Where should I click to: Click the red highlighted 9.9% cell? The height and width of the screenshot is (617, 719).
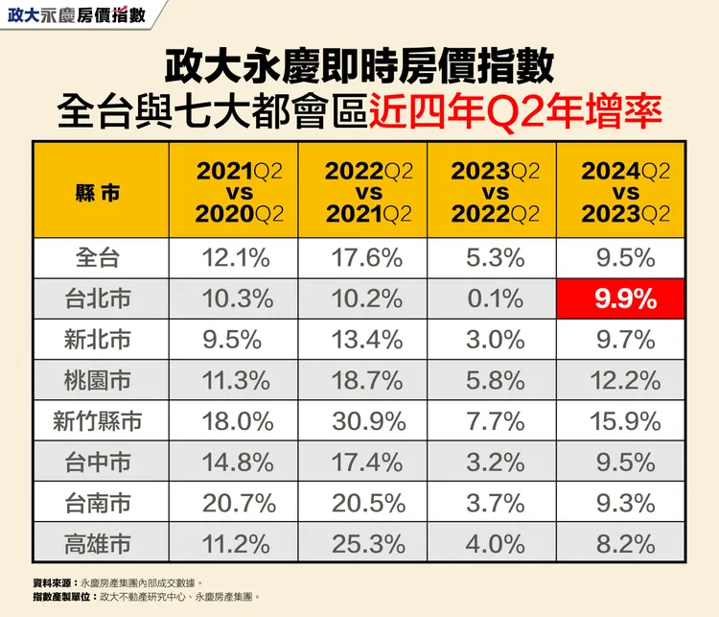tap(624, 298)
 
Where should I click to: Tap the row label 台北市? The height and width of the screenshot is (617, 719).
tap(99, 298)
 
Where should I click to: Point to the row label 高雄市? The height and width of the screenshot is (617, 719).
tap(99, 543)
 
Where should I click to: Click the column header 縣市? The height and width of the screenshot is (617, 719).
tap(99, 192)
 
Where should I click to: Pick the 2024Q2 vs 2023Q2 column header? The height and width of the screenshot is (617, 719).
tap(624, 192)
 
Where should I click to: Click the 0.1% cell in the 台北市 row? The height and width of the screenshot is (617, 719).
tap(495, 298)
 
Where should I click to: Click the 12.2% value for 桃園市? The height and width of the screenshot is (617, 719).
tap(624, 380)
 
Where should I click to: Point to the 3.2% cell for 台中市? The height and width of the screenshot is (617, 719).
tap(495, 462)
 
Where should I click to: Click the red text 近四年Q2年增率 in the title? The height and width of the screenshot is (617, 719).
tap(515, 110)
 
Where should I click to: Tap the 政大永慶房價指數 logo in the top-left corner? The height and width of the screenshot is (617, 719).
tap(76, 15)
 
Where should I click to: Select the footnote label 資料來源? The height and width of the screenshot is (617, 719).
tap(54, 581)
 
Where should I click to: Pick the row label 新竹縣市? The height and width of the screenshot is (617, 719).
tap(99, 420)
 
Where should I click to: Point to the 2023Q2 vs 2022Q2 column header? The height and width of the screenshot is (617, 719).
tap(495, 192)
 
